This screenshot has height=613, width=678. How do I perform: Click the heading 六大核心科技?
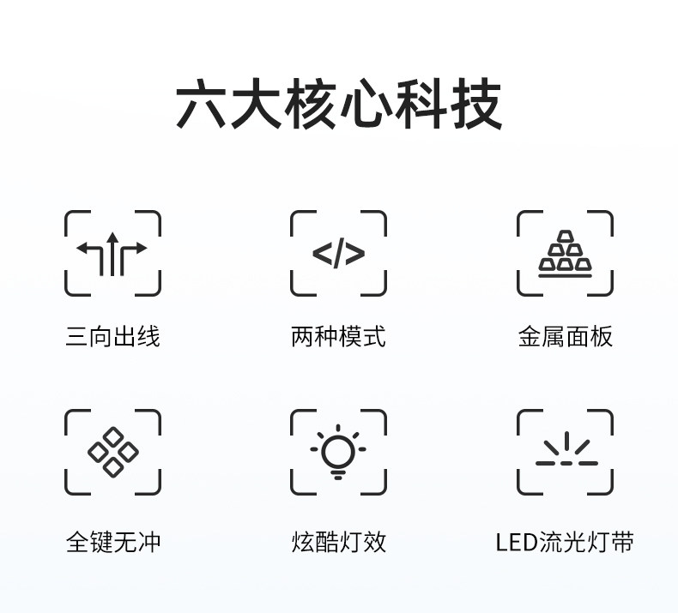coord(338,105)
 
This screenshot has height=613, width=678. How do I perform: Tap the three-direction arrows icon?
coord(112,253)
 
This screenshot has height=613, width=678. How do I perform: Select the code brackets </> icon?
coord(338,254)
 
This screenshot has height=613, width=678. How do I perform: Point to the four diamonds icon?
coord(112,452)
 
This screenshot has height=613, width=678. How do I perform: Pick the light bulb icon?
coord(338,453)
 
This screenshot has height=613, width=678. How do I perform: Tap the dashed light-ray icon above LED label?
coord(566,451)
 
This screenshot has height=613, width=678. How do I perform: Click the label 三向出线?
coord(112,336)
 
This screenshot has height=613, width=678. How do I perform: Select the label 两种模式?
coord(338,336)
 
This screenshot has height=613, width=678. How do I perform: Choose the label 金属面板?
coord(565,336)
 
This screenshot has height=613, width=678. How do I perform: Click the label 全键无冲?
coord(112,542)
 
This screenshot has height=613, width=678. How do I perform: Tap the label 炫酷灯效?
coord(338,542)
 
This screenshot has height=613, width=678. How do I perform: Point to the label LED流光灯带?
coord(565,542)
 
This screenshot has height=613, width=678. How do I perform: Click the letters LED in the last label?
coord(516,542)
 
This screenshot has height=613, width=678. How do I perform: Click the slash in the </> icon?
coord(338,254)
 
